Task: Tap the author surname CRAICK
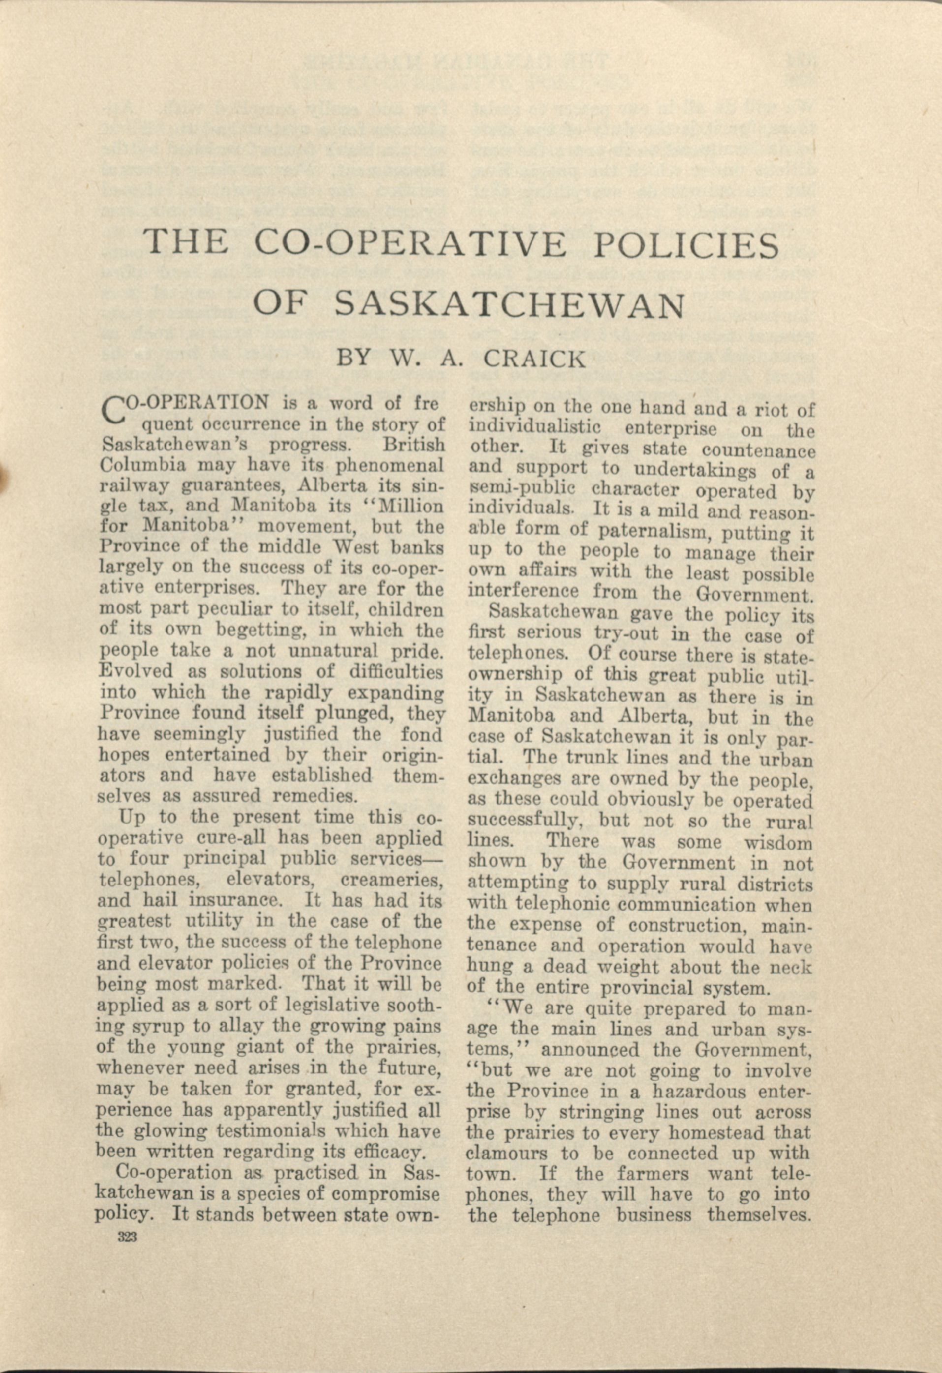tap(535, 359)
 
